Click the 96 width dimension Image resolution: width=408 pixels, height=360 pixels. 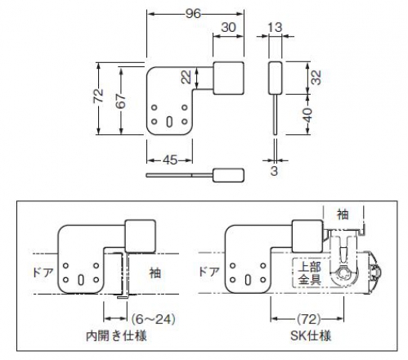point(193,14)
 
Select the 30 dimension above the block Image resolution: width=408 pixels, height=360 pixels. point(228,27)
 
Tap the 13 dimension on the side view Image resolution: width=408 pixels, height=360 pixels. point(275,27)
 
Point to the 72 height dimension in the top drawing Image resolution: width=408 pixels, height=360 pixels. point(99,96)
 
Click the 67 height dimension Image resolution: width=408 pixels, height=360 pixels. point(121,101)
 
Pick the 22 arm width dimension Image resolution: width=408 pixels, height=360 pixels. point(186,77)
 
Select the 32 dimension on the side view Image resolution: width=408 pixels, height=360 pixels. point(316,78)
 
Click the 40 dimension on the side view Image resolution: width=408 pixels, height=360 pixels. point(307,115)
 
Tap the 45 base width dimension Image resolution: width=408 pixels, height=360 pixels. point(170,160)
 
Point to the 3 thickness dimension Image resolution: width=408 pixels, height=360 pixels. point(274,171)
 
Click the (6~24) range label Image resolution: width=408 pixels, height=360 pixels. point(153,319)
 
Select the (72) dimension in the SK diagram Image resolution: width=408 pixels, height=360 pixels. point(307,319)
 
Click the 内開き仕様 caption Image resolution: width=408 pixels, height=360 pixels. point(116,336)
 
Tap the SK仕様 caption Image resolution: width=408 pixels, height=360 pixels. point(311,336)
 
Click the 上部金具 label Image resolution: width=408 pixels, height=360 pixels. point(309,273)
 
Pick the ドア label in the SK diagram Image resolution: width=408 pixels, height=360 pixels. point(209,272)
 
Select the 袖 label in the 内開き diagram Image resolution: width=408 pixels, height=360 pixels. point(155,272)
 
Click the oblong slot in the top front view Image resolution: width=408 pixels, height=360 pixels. point(169,122)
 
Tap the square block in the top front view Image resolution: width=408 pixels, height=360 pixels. point(228,79)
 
